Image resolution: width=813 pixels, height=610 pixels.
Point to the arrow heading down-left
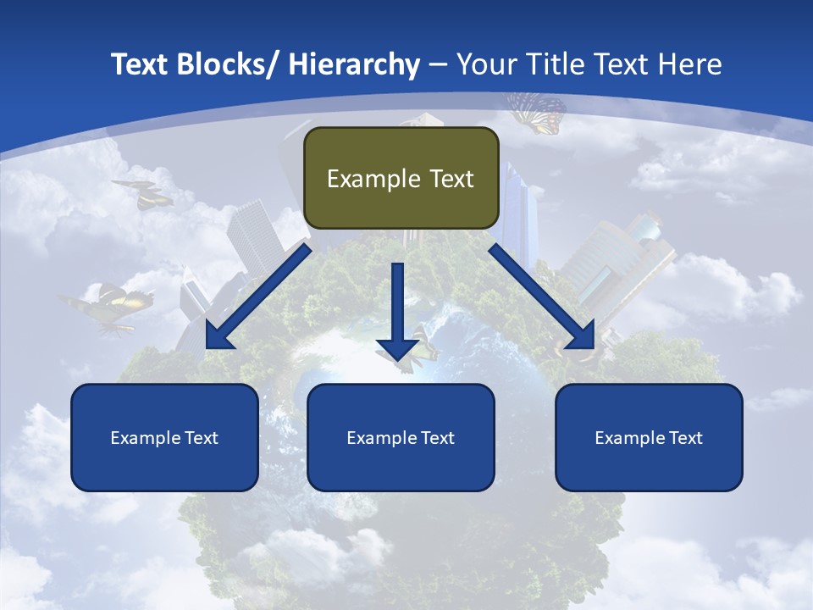(x=258, y=297)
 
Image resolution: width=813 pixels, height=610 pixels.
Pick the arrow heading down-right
(x=542, y=297)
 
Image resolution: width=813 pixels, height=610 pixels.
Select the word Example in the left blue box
(x=145, y=438)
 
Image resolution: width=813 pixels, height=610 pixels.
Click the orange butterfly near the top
(x=537, y=112)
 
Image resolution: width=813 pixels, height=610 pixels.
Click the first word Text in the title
(x=141, y=64)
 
